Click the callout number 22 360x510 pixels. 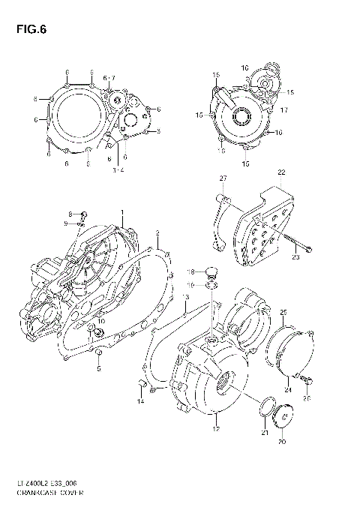282,172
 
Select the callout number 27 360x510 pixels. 223,178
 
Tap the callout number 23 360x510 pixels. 295,258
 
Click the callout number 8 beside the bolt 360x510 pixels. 71,214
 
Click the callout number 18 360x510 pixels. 190,271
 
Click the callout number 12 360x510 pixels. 216,428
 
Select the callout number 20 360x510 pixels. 282,442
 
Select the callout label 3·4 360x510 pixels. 118,171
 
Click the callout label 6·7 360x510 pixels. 109,78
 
